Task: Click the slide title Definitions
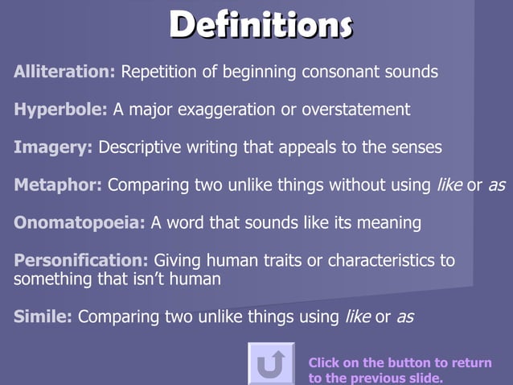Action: [x=261, y=25]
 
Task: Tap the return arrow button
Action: [x=271, y=364]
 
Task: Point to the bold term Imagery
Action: [x=53, y=147]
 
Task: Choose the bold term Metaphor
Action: [x=58, y=185]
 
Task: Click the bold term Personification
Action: [x=81, y=261]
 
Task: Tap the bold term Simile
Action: [x=43, y=317]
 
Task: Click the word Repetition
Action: [x=158, y=72]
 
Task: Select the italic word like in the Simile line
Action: [x=357, y=317]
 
